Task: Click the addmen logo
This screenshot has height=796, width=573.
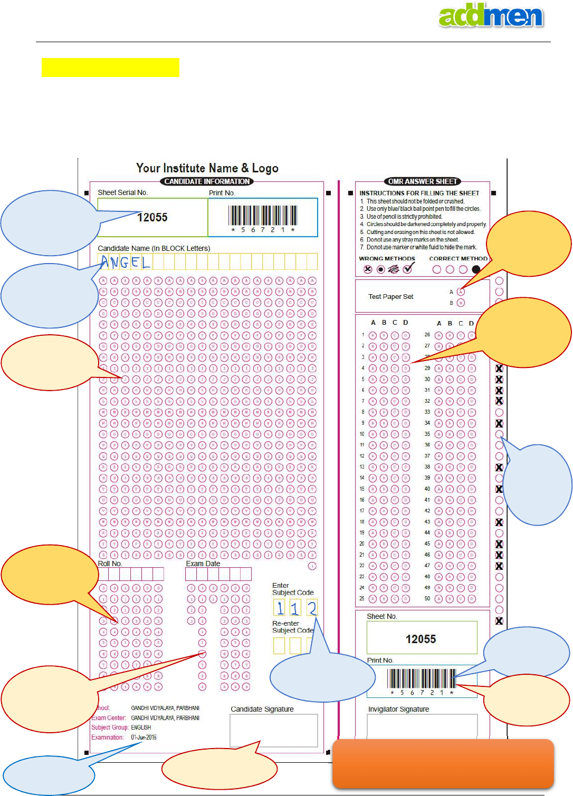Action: click(x=491, y=16)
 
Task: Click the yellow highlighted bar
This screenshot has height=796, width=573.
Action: click(x=110, y=67)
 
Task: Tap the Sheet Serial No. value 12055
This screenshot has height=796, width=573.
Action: click(x=152, y=217)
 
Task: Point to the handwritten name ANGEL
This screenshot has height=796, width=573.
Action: click(x=126, y=262)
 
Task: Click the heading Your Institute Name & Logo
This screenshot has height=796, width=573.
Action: click(x=207, y=168)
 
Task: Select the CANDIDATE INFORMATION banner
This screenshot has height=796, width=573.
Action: click(x=207, y=181)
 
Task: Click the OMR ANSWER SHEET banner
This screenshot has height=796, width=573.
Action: click(x=423, y=181)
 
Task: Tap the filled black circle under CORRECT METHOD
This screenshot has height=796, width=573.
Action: click(x=476, y=269)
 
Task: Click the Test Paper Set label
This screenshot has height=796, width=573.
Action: click(x=390, y=297)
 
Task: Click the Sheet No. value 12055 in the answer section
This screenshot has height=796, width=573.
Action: click(x=421, y=639)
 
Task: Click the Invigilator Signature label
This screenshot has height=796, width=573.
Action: click(x=398, y=710)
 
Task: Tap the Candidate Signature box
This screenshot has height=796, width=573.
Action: click(x=273, y=730)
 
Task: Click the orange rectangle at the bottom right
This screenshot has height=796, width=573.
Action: click(x=443, y=763)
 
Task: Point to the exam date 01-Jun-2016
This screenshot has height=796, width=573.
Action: click(x=144, y=737)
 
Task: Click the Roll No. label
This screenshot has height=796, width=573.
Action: click(x=110, y=564)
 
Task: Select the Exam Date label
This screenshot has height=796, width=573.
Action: click(x=203, y=564)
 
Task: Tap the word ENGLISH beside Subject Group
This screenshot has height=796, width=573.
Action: click(x=141, y=727)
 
